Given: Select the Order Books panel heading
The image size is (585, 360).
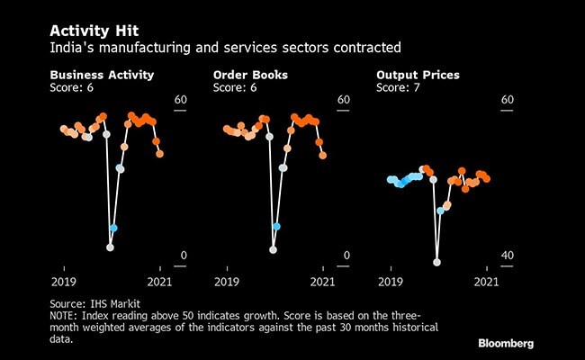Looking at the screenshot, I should tap(250, 74).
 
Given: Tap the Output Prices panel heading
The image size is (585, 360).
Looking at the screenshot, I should tap(415, 74).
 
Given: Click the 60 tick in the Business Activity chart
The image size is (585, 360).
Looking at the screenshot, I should tap(180, 101).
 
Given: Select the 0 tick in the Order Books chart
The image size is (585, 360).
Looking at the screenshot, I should tap(346, 256).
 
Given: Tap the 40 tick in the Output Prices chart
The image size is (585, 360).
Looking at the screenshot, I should tap(507, 256).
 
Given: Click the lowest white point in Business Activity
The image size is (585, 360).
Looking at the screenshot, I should tap(111, 247).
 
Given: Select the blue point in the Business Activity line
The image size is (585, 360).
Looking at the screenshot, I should tap(113, 228).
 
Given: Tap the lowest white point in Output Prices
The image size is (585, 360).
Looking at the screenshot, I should tap(437, 262).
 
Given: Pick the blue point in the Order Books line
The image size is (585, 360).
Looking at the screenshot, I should tap(276, 227).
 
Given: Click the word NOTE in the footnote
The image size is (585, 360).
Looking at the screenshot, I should tap(65, 318).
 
